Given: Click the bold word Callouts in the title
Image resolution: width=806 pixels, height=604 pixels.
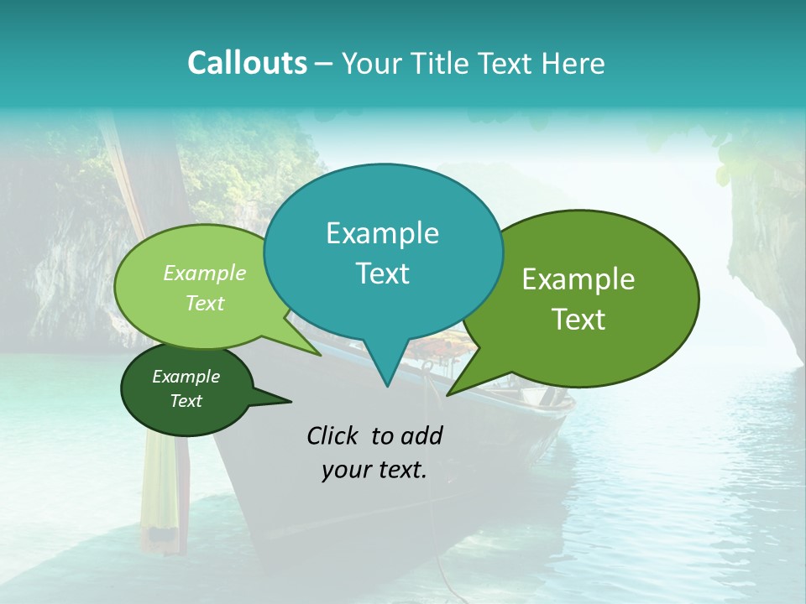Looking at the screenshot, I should [247, 63].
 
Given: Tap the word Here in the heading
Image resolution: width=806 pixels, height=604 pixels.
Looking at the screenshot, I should [573, 63].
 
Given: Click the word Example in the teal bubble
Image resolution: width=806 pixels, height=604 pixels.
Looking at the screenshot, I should [382, 233].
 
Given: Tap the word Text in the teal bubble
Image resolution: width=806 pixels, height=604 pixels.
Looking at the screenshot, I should [382, 273].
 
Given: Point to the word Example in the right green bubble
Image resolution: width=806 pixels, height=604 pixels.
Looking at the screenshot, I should [578, 279].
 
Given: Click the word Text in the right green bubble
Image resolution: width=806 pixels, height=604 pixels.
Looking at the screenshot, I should [578, 319].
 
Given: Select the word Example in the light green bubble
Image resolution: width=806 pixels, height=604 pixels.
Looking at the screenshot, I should [205, 273].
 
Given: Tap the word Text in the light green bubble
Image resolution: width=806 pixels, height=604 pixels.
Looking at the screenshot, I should [205, 303].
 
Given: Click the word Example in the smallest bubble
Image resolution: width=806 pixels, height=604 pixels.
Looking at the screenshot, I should [186, 377].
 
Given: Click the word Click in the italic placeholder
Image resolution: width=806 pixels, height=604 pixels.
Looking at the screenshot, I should [334, 435].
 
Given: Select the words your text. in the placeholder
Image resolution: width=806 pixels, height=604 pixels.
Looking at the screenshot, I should [374, 471].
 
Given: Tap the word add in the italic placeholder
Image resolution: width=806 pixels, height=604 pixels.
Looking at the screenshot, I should [421, 435].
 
